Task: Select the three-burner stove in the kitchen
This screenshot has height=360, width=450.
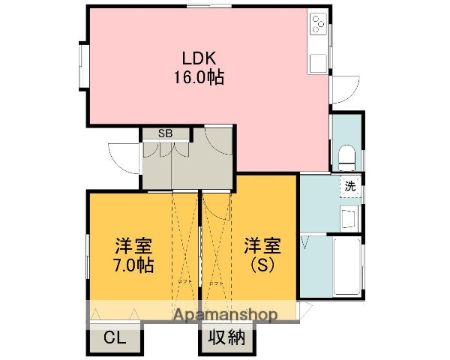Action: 318,25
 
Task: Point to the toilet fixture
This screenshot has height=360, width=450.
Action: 346,157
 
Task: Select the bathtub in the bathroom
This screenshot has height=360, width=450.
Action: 346,266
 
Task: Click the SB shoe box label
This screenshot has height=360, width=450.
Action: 164,133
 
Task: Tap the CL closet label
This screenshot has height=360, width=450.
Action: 115,338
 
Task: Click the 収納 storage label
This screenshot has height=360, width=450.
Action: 226,338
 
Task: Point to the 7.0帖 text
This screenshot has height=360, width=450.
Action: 133,265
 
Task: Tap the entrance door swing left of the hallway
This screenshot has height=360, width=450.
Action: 124,157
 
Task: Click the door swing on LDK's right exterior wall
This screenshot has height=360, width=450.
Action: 343,91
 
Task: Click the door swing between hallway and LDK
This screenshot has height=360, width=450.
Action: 220,142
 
